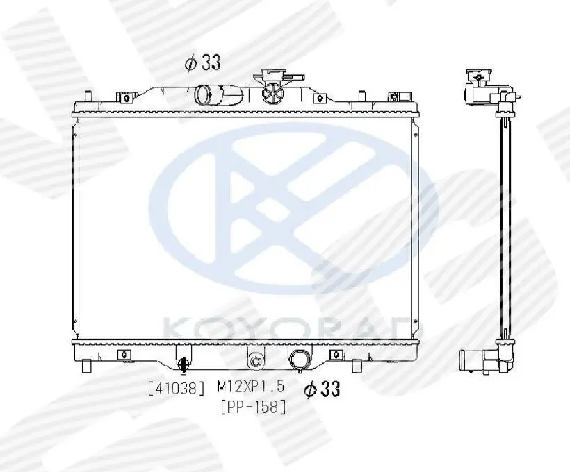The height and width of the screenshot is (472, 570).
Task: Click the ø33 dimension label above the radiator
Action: [203, 62]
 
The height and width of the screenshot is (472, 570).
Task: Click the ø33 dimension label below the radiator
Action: [322, 389]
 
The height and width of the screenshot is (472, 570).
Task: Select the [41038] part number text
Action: [177, 389]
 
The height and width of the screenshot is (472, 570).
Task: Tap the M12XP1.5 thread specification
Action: [251, 387]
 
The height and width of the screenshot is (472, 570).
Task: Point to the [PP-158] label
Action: [254, 407]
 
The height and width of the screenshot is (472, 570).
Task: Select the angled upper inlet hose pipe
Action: [218, 93]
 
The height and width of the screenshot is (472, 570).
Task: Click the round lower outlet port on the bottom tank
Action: [300, 360]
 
